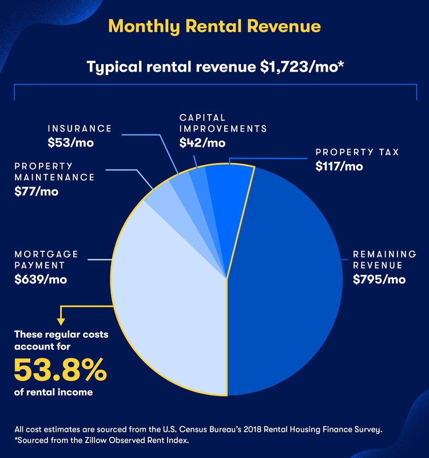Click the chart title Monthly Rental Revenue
[214, 26]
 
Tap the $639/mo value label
[41, 279]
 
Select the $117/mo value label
[340, 167]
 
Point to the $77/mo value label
[37, 191]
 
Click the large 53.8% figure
[60, 370]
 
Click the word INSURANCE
[80, 128]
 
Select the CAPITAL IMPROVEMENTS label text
[223, 123]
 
